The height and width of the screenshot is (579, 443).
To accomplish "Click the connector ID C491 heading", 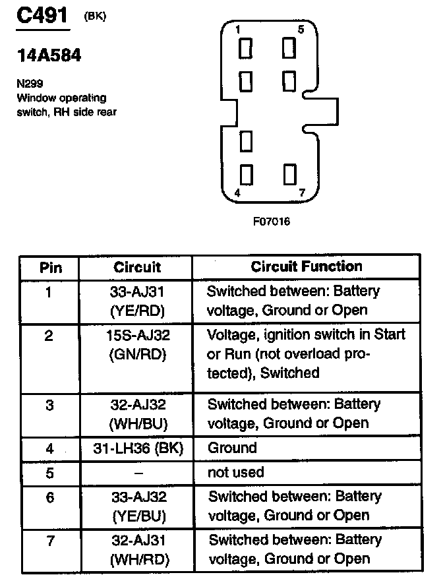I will coord(42,16).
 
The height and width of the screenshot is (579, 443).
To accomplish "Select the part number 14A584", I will coord(49,56).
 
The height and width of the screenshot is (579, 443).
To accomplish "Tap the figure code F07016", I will coord(271,222).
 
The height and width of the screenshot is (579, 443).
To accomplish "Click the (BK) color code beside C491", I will coord(94,17).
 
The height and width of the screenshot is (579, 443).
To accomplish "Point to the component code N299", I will coord(28,85).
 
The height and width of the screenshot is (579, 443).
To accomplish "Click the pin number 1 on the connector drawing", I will coord(237,29).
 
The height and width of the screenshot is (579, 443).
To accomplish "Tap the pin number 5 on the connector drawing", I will coord(301,29).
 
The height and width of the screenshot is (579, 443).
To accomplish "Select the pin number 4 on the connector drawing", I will coord(237,193).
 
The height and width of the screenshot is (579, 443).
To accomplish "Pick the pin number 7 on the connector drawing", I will coord(301,193).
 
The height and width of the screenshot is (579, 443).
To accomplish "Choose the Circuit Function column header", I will coord(306,266).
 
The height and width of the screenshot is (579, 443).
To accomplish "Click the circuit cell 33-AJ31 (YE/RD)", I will coord(137,300).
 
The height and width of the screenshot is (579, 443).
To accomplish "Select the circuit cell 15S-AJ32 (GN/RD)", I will coord(137,345).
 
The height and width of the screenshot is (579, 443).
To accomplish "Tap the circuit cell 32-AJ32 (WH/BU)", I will coord(137,413).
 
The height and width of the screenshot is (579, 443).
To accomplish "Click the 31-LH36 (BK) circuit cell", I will coord(137,448).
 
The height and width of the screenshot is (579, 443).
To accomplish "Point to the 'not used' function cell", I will coord(235,472).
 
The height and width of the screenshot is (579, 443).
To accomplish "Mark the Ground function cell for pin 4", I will coord(232,448).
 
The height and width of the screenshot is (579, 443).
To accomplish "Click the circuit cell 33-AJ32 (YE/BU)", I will coord(137,506).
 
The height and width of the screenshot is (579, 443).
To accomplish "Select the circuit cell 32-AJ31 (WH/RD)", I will coord(137,550).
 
